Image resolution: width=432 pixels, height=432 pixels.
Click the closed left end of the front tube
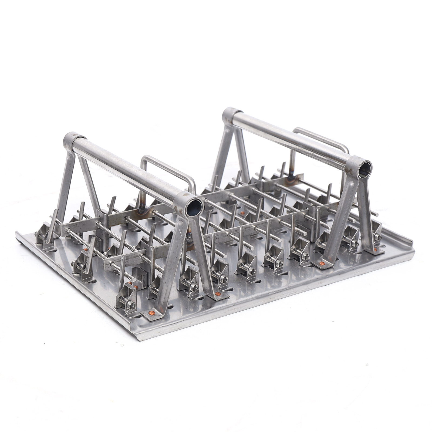(71, 139)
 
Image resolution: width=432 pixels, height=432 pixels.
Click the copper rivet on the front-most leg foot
(152, 313)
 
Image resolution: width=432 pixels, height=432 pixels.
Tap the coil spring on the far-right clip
(378, 237)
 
